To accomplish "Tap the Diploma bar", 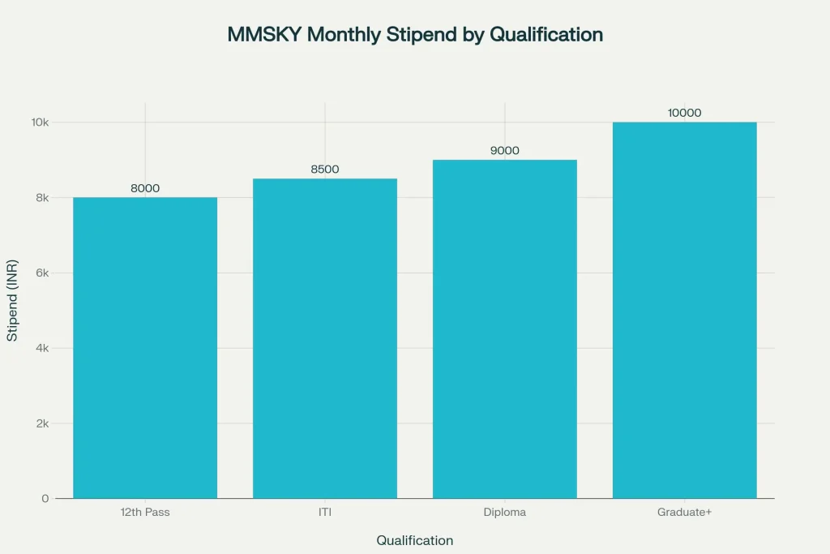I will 505,329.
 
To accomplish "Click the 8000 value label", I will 145,188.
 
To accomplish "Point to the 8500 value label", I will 325,170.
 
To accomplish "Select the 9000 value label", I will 505,151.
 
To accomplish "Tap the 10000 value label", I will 685,113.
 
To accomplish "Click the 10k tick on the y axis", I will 41,122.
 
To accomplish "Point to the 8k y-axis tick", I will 43,198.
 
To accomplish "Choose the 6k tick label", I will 43,273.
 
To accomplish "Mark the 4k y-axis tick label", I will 43,348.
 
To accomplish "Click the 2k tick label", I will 43,423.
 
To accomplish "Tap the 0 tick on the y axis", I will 46,498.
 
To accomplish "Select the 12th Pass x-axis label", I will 145,513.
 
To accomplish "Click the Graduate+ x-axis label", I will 685,513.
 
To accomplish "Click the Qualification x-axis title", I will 415,540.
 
